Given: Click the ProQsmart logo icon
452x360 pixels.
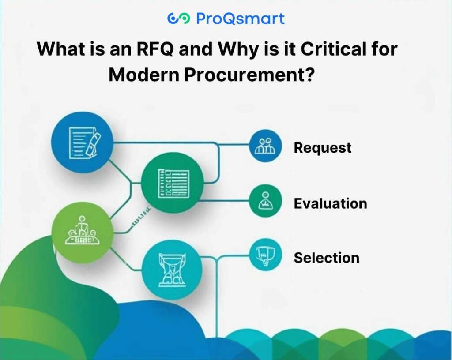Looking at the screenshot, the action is [x=179, y=19].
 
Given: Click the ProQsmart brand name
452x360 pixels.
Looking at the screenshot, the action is [x=241, y=19].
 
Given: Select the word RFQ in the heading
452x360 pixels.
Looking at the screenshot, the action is [x=155, y=49].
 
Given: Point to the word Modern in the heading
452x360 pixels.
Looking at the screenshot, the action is [x=144, y=75].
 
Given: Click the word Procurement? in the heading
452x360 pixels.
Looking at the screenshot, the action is [x=249, y=75].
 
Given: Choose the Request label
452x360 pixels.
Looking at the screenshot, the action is [x=323, y=148].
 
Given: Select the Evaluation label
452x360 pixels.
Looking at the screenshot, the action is [x=330, y=204].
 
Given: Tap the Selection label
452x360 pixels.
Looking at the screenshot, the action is [x=327, y=258].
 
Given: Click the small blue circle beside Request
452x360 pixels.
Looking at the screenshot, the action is [x=265, y=146].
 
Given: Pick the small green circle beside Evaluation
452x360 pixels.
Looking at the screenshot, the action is [x=265, y=200].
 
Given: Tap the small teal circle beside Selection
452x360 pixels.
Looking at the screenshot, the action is [x=265, y=255].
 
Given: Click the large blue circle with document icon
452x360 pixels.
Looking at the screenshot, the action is [x=82, y=142].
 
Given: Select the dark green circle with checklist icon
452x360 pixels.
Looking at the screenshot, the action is [x=173, y=183].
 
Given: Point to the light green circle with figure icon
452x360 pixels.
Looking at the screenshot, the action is [x=82, y=232].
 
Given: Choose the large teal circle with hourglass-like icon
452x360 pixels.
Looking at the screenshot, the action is [x=172, y=270].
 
